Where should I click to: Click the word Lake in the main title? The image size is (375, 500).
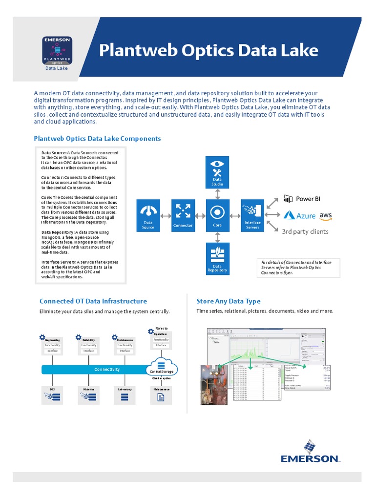(x=298, y=50)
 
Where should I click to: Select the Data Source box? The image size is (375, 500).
(x=148, y=215)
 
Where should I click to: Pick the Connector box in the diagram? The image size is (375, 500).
(x=183, y=215)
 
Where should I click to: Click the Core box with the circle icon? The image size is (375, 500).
(x=217, y=215)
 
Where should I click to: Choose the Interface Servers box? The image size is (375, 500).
(x=252, y=215)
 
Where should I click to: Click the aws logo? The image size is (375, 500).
(x=326, y=215)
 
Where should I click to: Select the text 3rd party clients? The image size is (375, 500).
(x=305, y=231)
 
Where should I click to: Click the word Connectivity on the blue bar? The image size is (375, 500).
(x=107, y=370)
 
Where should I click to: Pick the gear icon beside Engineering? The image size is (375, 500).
(x=42, y=337)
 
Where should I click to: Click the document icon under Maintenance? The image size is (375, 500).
(x=160, y=397)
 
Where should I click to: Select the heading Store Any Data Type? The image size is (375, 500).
(x=228, y=301)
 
